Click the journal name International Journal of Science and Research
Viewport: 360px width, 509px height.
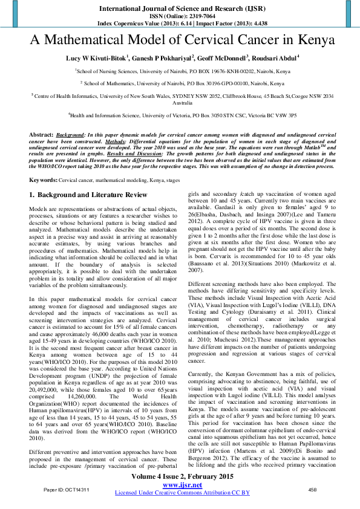point(180,8)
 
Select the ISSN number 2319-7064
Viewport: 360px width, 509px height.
point(193,16)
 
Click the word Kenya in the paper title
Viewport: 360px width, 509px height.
point(314,41)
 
